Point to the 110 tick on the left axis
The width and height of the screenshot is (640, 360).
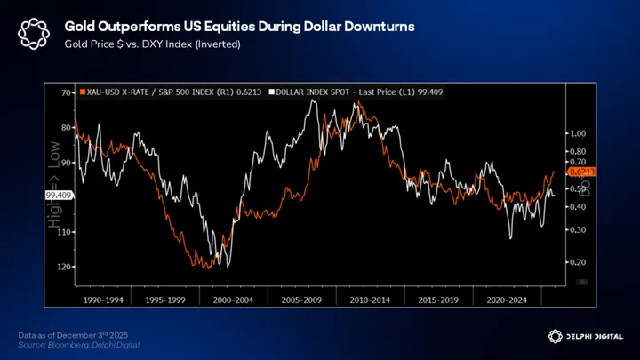[x=65, y=232]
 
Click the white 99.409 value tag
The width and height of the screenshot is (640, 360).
[x=58, y=194]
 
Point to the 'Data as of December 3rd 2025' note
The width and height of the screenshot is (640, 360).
[x=74, y=333]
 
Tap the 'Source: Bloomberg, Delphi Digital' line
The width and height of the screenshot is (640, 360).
[x=78, y=343]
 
